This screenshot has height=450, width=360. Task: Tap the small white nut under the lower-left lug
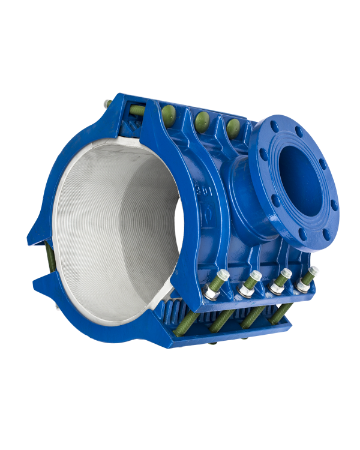pyautogui.click(x=58, y=310)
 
